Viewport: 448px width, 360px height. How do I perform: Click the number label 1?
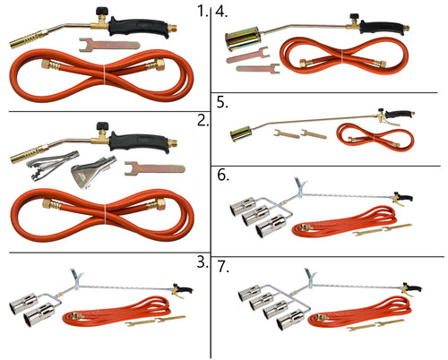[x=202, y=12]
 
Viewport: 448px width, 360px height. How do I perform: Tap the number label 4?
[x=221, y=12]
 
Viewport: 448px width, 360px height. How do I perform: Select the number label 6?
[x=223, y=176]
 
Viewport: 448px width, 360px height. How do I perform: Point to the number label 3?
[x=202, y=262]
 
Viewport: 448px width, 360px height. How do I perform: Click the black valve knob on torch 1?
[x=101, y=12]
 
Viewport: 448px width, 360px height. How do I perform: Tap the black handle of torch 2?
[x=139, y=142]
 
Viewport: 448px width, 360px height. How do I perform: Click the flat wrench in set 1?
[x=109, y=45]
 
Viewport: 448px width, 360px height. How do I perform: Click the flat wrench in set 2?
[x=155, y=168]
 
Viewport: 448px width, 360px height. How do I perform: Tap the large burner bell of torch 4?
[x=243, y=39]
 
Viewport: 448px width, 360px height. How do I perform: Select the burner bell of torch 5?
[x=241, y=133]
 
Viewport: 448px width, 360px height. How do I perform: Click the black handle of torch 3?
[x=185, y=289]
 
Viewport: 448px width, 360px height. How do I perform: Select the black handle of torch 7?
[x=415, y=288]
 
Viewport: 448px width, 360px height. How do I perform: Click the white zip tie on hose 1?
[x=104, y=75]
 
